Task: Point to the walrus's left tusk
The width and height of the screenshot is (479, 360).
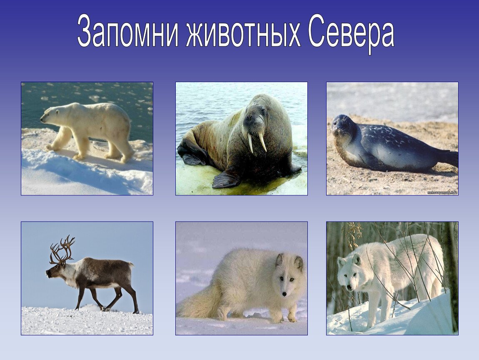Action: [250, 143]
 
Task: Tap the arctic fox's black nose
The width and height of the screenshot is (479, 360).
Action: [285, 294]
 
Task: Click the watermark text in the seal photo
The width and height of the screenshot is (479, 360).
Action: [442, 192]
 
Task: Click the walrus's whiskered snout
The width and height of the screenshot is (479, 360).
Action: [255, 127]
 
